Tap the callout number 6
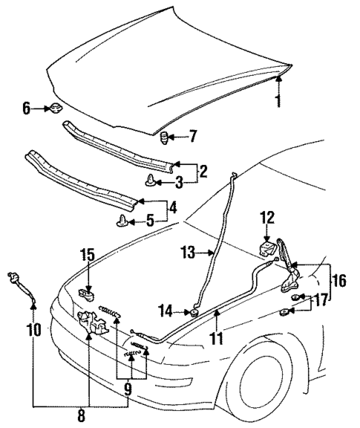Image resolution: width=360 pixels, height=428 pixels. [27, 108]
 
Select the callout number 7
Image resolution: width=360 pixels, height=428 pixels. [193, 136]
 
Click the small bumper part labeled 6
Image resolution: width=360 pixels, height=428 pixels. [54, 110]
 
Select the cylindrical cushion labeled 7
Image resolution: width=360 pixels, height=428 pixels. [167, 136]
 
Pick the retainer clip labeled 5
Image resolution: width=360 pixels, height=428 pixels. [122, 220]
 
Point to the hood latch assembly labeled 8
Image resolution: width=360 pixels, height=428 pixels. [91, 320]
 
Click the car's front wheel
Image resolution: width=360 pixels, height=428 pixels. [274, 380]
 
